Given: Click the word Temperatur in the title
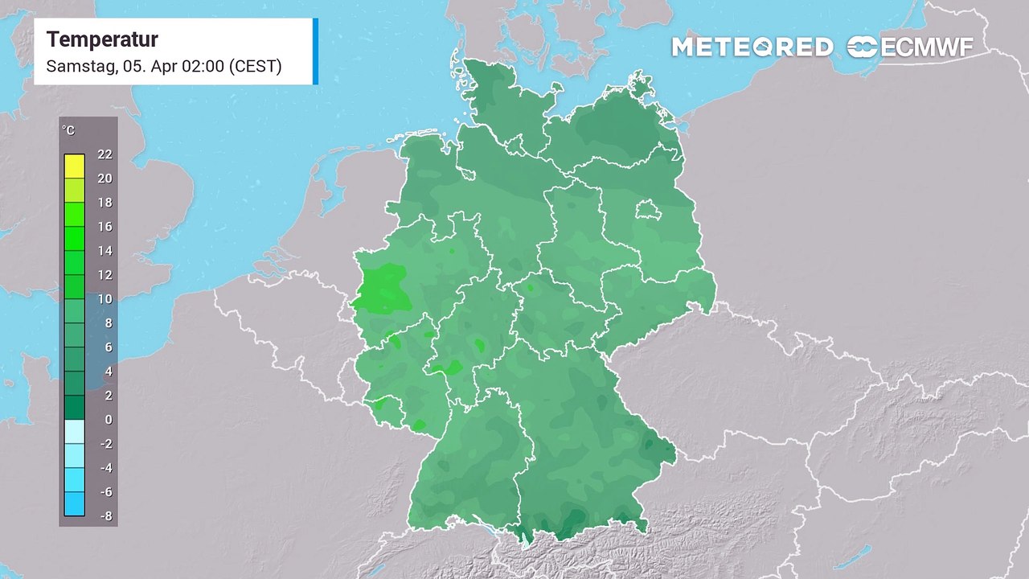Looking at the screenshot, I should click(x=102, y=39).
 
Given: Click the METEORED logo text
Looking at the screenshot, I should click(x=752, y=47).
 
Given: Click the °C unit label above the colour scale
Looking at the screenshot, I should click(x=68, y=130).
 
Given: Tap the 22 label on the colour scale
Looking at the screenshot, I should click(x=105, y=154).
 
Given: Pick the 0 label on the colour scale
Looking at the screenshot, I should click(x=108, y=420).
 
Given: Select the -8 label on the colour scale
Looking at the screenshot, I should click(x=105, y=516).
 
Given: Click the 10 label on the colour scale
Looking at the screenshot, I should click(x=105, y=299).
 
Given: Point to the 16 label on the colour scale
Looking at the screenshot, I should click(x=105, y=227).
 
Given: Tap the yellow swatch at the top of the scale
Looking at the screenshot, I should click(x=75, y=166).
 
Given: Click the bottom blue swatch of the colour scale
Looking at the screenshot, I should click(x=75, y=504).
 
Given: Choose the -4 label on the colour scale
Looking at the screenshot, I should click(x=105, y=468).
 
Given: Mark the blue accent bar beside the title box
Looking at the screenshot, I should click(x=315, y=51).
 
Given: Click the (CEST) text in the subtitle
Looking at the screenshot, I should click(x=255, y=66).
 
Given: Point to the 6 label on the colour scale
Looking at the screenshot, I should click(x=108, y=347).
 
